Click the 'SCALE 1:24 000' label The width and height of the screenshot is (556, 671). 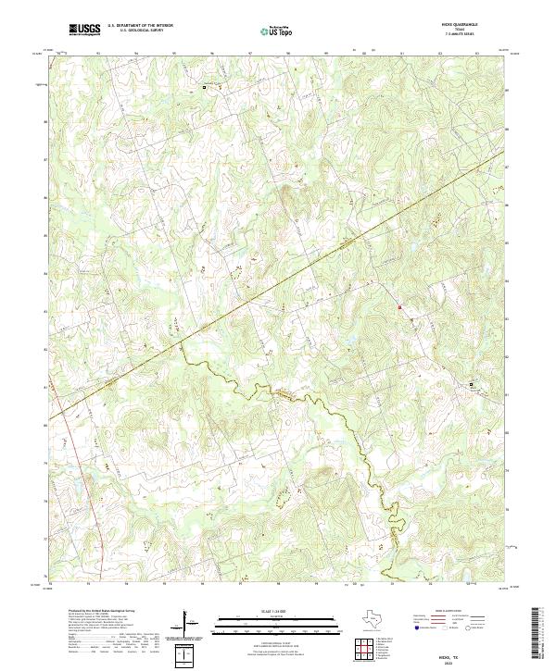(277, 612)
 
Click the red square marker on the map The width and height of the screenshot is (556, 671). (399, 307)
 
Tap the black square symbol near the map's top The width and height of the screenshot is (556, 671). (205, 87)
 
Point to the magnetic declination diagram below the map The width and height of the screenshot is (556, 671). (191, 624)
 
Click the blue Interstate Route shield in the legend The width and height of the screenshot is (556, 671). (416, 628)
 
